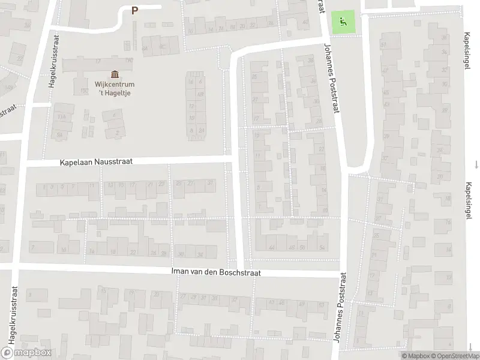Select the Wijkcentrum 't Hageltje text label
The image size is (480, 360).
(x=114, y=89)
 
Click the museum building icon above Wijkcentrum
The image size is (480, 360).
(x=114, y=74)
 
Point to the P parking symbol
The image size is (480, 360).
(x=134, y=10)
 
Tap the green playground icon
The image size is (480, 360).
(x=343, y=23)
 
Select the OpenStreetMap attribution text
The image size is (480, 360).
(x=455, y=356)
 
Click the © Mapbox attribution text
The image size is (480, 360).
(x=416, y=356)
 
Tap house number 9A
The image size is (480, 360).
(x=59, y=134)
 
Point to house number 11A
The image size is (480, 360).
(x=61, y=116)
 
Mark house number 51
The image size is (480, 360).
(x=382, y=46)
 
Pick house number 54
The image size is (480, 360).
(x=322, y=247)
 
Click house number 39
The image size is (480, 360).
(x=386, y=137)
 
